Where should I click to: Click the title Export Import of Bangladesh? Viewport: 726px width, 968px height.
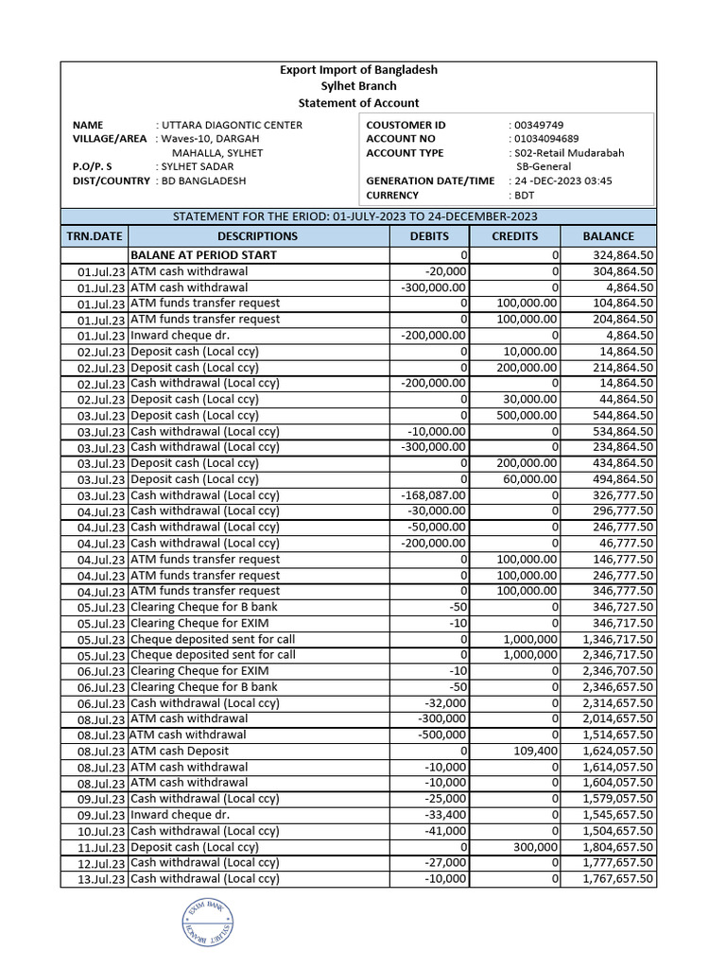tap(358, 70)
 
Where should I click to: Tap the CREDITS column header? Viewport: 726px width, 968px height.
tap(515, 236)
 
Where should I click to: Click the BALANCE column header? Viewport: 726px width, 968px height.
tap(608, 236)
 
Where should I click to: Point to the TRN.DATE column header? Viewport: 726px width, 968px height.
tap(94, 236)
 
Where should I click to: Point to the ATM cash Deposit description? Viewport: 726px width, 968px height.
tap(180, 752)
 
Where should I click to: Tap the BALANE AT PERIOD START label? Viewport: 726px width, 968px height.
tap(203, 255)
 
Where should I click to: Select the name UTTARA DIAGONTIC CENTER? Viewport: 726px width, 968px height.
tap(233, 125)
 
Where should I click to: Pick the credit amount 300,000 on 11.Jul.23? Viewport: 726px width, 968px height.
tap(536, 848)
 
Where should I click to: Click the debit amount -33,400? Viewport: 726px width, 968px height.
tap(444, 815)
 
